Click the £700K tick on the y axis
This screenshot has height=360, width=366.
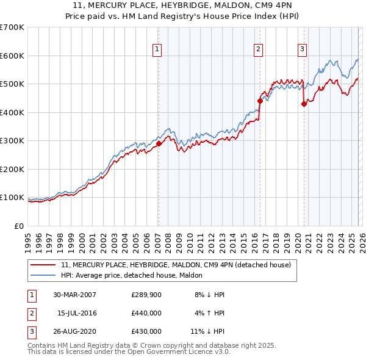coord(12,27)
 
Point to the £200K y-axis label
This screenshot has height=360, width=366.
coord(12,169)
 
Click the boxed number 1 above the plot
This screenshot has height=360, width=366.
coord(157,49)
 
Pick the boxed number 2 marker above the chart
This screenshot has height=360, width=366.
coord(259,49)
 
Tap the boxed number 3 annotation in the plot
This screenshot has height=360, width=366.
coord(302,49)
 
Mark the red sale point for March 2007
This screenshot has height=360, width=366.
coord(159,144)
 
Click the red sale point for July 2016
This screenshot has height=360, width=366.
coord(260,101)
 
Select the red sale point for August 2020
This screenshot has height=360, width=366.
coord(304,104)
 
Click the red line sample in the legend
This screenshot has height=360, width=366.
coord(43,265)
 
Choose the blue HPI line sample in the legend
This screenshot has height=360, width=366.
coord(43,275)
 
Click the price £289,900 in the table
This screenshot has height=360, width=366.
coord(146,294)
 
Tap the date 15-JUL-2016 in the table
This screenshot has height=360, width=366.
coord(78,313)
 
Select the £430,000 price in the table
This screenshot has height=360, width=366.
coord(146,331)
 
